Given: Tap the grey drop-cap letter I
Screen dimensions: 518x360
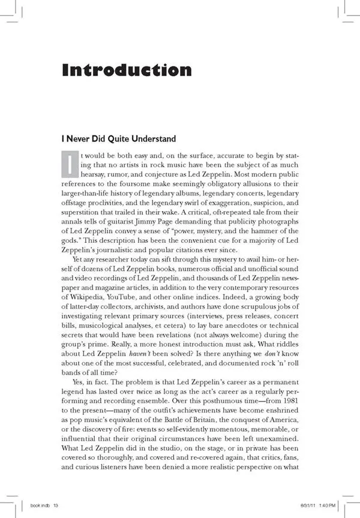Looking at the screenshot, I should point(70,162).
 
